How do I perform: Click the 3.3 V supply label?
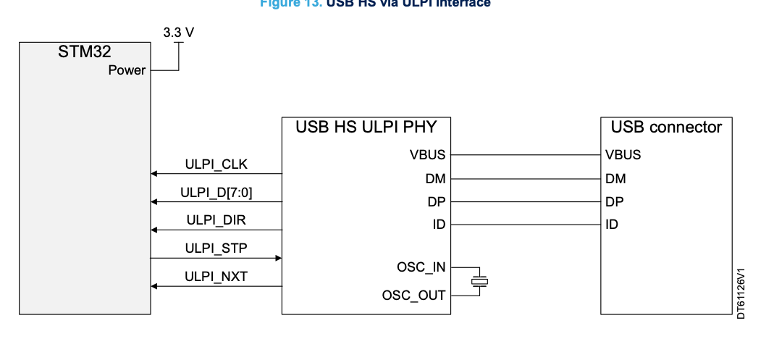[180, 33]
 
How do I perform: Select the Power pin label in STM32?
[127, 70]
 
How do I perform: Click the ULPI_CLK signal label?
[216, 164]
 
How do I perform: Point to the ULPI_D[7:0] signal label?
[216, 192]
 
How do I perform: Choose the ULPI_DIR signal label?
[216, 220]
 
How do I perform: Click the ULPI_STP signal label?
[216, 248]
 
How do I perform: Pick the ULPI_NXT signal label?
[216, 275]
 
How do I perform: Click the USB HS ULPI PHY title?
[366, 127]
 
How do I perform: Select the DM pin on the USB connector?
[615, 177]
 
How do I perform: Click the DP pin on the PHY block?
[437, 201]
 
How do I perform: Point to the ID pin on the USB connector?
[612, 224]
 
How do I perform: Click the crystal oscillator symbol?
[479, 281]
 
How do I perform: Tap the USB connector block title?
[666, 127]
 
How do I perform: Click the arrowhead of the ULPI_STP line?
[278, 257]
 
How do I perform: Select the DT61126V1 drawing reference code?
[741, 293]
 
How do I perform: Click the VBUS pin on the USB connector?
[623, 154]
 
